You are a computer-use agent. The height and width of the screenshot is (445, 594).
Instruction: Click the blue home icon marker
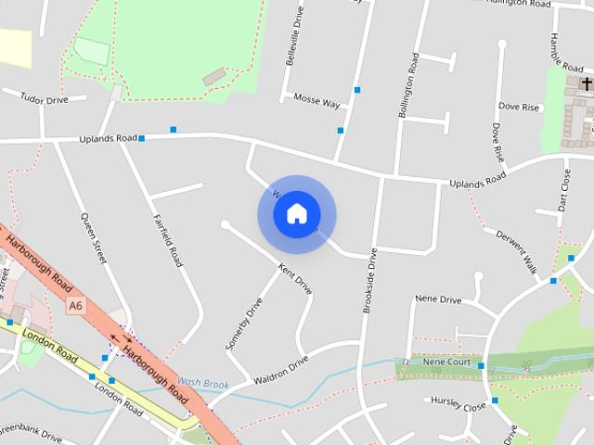pos(296,214)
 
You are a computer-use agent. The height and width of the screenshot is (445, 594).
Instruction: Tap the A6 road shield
pos(75,304)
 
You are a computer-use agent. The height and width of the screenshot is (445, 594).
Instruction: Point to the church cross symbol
pos(586,84)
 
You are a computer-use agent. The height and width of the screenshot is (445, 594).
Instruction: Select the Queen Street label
pos(94,240)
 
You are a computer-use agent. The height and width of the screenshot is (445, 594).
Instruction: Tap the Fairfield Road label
pos(167,240)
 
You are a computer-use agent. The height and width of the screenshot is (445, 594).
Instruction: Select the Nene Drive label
pos(438,299)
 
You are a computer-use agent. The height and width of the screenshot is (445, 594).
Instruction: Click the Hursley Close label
pos(458,405)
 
